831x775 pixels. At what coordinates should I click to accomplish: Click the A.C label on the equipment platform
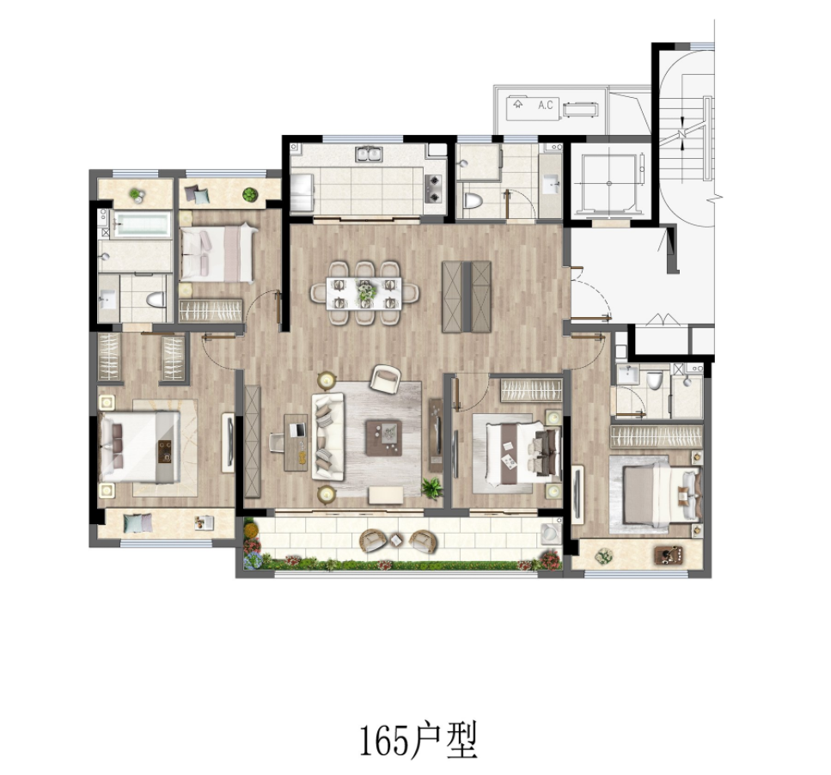coord(546,105)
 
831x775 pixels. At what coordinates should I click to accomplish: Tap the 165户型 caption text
coord(419,740)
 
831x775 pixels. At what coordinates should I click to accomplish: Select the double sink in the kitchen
coord(369,154)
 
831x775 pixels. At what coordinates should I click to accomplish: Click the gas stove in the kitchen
coord(433,188)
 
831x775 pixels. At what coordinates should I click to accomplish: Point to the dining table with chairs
coord(364,292)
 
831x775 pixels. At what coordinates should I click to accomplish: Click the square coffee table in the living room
coord(383,437)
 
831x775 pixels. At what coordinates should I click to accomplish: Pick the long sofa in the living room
coord(328,437)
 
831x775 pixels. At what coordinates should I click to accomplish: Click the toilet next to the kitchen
coord(473,201)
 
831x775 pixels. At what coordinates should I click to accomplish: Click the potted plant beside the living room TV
coord(432,488)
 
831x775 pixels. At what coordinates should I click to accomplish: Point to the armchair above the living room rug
coord(385,379)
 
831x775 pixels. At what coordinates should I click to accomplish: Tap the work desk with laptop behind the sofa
coord(296,442)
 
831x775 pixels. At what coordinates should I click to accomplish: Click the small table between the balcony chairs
coord(396,540)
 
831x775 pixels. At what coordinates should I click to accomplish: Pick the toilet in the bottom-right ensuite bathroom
coord(654,379)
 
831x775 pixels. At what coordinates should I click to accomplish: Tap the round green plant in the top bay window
coord(249,194)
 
